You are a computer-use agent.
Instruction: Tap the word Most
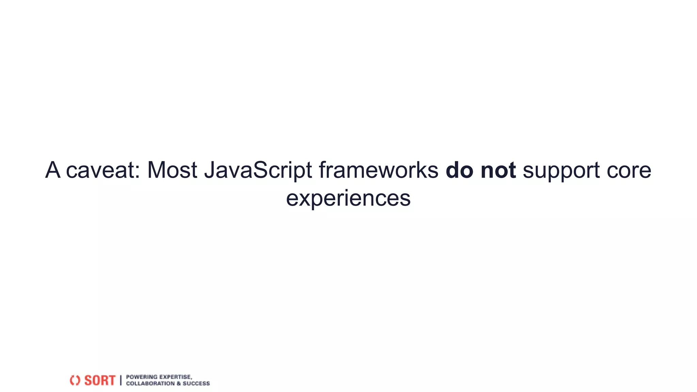point(172,170)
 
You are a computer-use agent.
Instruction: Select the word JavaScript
point(258,170)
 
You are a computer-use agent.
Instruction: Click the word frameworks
point(378,170)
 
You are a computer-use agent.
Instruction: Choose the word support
point(561,170)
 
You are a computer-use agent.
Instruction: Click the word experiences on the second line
point(348,198)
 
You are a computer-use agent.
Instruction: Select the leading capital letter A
point(53,170)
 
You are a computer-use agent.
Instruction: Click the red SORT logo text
point(100,380)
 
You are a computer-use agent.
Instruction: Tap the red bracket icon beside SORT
point(75,380)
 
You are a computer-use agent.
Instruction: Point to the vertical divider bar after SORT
point(120,380)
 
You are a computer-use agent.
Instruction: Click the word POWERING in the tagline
point(142,377)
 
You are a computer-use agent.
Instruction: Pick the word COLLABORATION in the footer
point(150,383)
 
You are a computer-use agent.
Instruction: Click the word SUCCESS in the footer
point(196,383)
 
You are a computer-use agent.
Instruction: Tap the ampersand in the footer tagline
point(179,383)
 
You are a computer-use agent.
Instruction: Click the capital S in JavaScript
point(260,170)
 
